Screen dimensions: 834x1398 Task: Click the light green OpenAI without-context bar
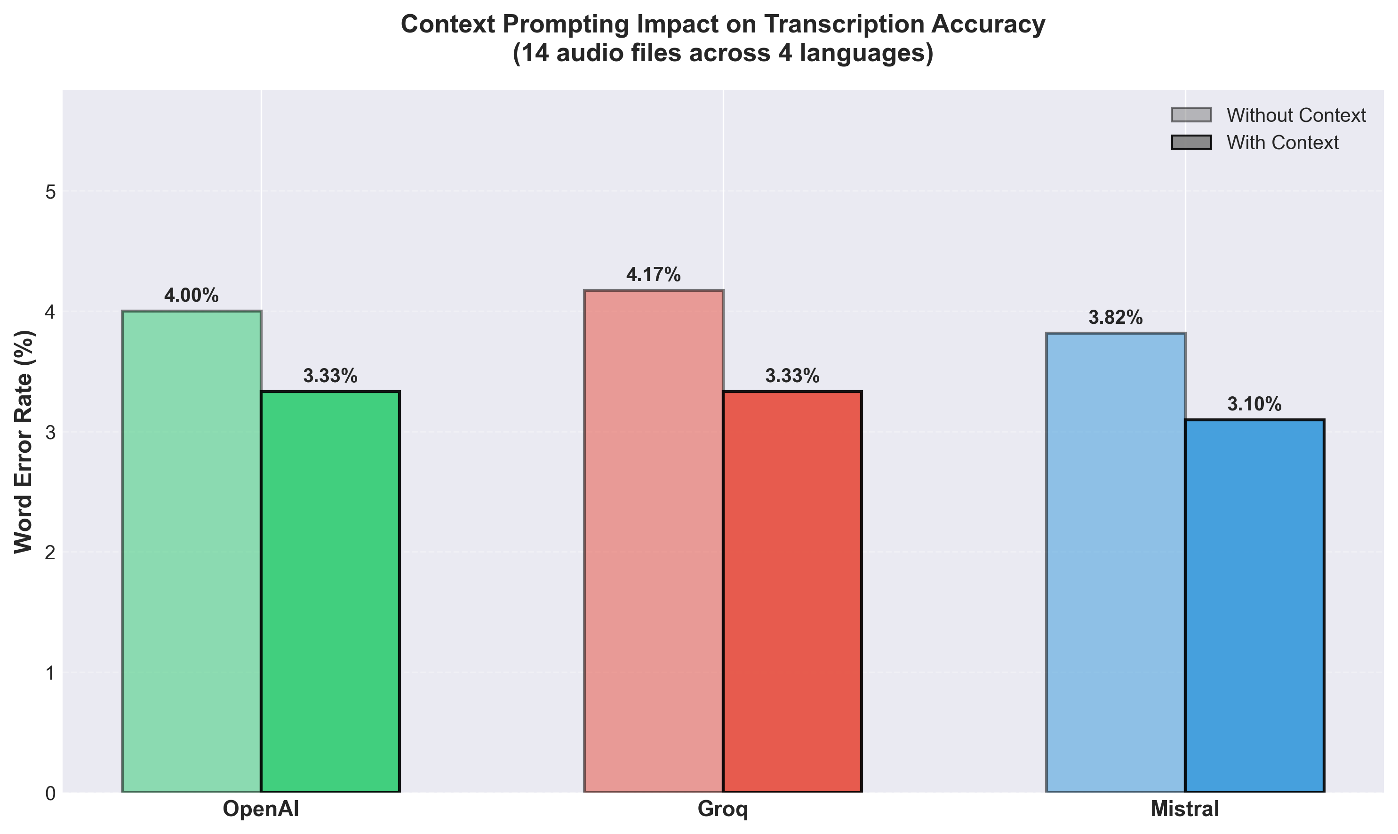(x=191, y=551)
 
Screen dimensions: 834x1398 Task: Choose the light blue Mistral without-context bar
(x=1115, y=562)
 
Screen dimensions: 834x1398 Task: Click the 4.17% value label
(x=654, y=275)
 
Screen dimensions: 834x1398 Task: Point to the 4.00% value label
(x=191, y=296)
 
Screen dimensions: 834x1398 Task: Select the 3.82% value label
(x=1115, y=318)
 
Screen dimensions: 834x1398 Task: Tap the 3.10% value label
(x=1254, y=404)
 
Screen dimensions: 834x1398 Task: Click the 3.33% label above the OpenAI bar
(x=330, y=376)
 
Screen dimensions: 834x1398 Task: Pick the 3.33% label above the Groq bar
(x=792, y=376)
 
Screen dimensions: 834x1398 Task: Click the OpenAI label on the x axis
(x=261, y=809)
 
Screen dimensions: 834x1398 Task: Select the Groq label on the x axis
(x=723, y=809)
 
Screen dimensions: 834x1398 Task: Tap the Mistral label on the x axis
(x=1184, y=809)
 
